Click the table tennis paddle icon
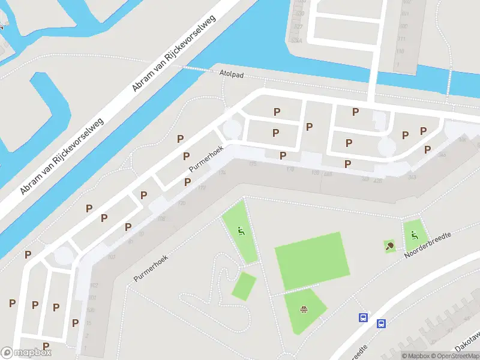[390, 245]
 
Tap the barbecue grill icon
[304, 310]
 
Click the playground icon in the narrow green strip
[241, 230]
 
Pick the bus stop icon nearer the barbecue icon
[363, 318]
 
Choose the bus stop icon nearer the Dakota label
[381, 324]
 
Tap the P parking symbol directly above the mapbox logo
[46, 346]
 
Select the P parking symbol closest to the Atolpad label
[277, 112]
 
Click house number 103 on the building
[111, 256]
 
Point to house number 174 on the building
[222, 172]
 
